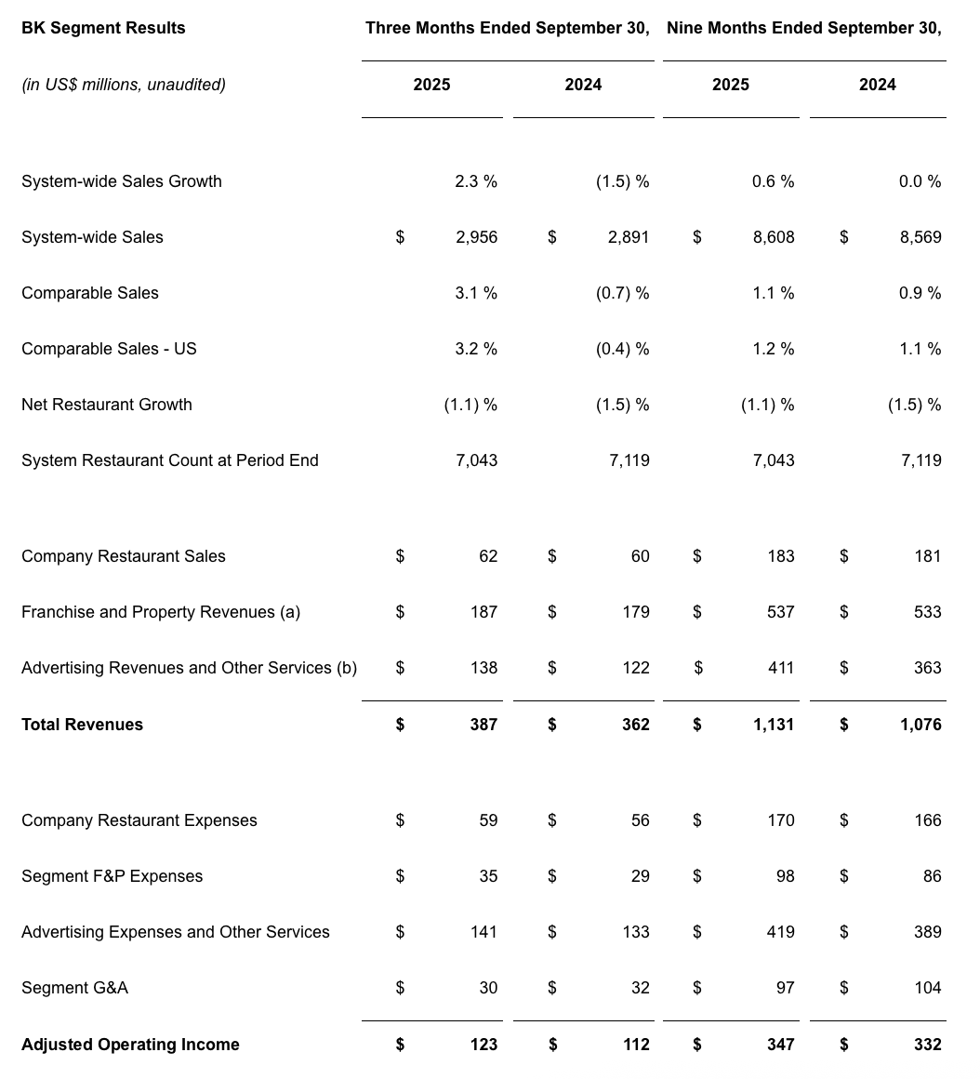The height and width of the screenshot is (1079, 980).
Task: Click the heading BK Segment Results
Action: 103,28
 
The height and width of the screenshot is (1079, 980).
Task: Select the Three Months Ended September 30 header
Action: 507,28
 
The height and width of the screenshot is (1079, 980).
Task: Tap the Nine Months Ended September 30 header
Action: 803,28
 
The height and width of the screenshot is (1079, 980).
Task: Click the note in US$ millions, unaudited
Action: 124,85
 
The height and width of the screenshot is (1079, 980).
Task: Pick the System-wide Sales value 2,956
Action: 476,237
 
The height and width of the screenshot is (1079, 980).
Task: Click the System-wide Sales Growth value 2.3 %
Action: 475,181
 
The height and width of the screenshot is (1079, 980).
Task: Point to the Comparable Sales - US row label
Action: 109,349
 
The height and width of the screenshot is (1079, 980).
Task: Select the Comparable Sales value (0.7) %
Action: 622,293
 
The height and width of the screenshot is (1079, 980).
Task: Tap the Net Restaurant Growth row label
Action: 107,405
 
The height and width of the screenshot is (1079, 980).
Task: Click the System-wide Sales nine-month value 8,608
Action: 774,237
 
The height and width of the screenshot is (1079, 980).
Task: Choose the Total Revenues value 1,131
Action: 774,725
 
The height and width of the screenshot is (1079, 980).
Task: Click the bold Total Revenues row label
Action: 82,725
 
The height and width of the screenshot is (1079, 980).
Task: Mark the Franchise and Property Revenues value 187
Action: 483,612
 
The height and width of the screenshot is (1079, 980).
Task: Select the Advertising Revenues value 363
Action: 927,668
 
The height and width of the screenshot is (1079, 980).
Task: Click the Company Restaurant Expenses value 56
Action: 640,820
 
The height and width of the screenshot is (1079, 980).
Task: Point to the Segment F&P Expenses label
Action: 112,876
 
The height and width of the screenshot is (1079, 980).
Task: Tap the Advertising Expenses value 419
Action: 780,932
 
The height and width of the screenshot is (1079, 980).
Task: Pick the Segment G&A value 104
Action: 927,988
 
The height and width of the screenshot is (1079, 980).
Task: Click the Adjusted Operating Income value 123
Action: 483,1045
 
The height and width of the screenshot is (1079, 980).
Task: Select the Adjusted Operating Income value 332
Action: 927,1045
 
